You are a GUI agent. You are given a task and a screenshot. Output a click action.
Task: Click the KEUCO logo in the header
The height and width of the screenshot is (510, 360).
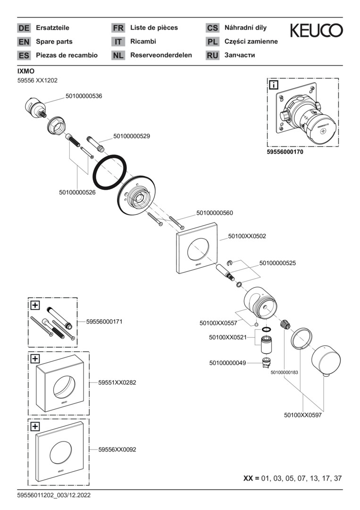316,31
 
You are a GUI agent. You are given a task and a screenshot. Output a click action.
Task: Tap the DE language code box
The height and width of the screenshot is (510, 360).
24,28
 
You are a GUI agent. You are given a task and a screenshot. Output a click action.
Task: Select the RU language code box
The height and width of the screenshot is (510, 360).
212,55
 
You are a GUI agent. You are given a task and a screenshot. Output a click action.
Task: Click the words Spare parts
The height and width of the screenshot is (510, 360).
54,42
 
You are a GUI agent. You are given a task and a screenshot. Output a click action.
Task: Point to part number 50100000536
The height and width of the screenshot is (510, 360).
84,96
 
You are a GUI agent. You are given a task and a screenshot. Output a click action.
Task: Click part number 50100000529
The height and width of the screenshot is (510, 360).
132,136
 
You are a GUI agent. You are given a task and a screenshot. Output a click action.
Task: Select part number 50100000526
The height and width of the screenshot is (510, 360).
77,192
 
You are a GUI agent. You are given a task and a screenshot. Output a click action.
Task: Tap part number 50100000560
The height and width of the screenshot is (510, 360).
214,213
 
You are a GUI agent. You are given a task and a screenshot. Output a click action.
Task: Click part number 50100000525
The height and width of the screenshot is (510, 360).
277,263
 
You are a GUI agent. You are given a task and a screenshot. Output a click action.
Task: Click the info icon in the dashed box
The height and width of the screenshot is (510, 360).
274,85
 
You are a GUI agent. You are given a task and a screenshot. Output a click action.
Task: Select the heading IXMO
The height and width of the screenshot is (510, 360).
25,71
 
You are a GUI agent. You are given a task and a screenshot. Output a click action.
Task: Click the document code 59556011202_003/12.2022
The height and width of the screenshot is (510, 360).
54,495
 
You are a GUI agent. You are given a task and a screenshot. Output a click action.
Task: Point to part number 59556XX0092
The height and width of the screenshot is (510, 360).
117,450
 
